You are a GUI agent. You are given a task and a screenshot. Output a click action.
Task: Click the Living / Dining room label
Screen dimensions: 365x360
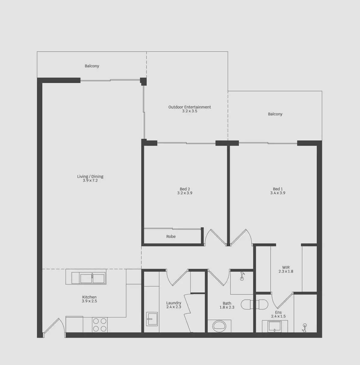point(90,176)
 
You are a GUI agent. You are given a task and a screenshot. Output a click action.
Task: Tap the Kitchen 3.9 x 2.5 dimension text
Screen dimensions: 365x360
point(89,301)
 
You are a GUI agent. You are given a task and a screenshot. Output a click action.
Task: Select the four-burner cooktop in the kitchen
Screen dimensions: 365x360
point(100,324)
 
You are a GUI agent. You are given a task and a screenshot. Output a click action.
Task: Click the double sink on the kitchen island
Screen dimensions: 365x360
point(92,278)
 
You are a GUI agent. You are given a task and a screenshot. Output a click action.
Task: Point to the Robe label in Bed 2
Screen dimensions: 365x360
point(171,237)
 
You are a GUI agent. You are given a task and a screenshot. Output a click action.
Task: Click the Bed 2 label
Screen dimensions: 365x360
point(185,189)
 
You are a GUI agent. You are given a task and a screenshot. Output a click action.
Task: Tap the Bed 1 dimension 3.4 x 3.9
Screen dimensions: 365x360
point(278,193)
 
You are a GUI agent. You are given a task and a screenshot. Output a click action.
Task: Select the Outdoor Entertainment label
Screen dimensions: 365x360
point(189,107)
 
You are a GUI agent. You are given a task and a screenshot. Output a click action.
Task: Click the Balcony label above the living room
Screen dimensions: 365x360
point(92,66)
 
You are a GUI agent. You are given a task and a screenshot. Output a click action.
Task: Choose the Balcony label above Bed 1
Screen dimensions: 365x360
point(275,114)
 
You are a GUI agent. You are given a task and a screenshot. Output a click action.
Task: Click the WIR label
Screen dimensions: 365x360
point(286,267)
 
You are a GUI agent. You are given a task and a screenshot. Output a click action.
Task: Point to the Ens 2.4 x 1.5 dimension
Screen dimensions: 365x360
point(278,316)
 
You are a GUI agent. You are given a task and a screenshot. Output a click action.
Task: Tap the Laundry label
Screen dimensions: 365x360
point(174,303)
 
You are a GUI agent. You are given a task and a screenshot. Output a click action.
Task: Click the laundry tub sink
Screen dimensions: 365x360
point(152,319)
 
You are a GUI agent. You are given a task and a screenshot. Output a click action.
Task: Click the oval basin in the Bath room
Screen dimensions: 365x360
point(219,326)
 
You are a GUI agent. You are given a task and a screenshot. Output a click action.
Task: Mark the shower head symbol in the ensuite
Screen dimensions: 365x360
point(305,327)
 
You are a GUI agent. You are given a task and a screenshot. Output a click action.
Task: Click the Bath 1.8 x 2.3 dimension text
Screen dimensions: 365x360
point(227,307)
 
